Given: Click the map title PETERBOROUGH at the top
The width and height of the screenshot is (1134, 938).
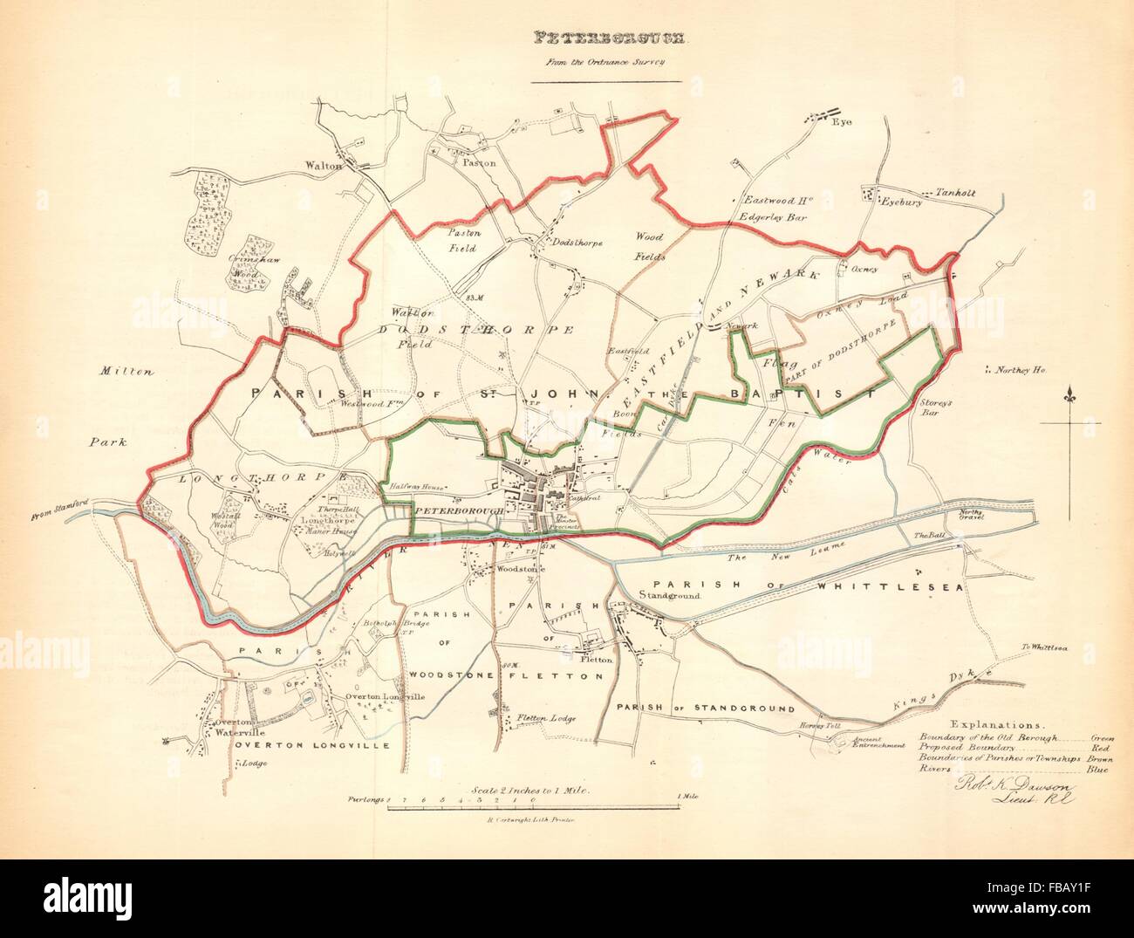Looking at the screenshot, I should click(610, 38).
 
